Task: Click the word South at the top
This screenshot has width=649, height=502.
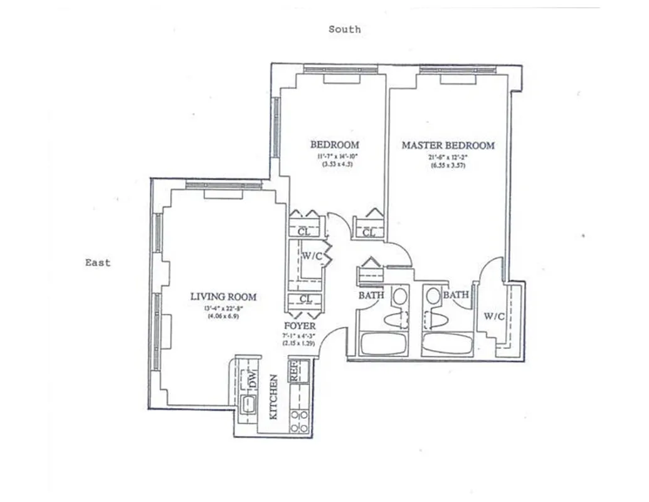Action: point(344,29)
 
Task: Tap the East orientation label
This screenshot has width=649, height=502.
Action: point(98,262)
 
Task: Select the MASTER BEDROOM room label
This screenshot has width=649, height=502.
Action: point(448,145)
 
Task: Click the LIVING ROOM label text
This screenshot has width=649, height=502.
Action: point(223,297)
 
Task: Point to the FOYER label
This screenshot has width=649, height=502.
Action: point(300,326)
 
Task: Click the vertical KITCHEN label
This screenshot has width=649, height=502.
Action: point(273,397)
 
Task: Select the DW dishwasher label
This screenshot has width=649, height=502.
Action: point(253,378)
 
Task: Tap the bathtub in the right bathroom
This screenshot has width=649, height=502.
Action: point(446,344)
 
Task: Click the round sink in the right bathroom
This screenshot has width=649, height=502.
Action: point(432,295)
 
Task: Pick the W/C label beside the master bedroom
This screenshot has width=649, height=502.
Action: point(493,316)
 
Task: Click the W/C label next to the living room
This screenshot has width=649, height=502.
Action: point(312,255)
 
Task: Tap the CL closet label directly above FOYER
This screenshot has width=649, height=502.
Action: point(305,299)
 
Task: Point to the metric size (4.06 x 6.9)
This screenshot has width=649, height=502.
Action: point(223,316)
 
